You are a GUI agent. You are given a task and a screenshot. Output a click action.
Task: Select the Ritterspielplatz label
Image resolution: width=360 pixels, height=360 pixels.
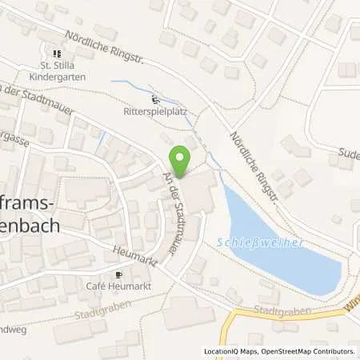[x=155, y=112]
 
